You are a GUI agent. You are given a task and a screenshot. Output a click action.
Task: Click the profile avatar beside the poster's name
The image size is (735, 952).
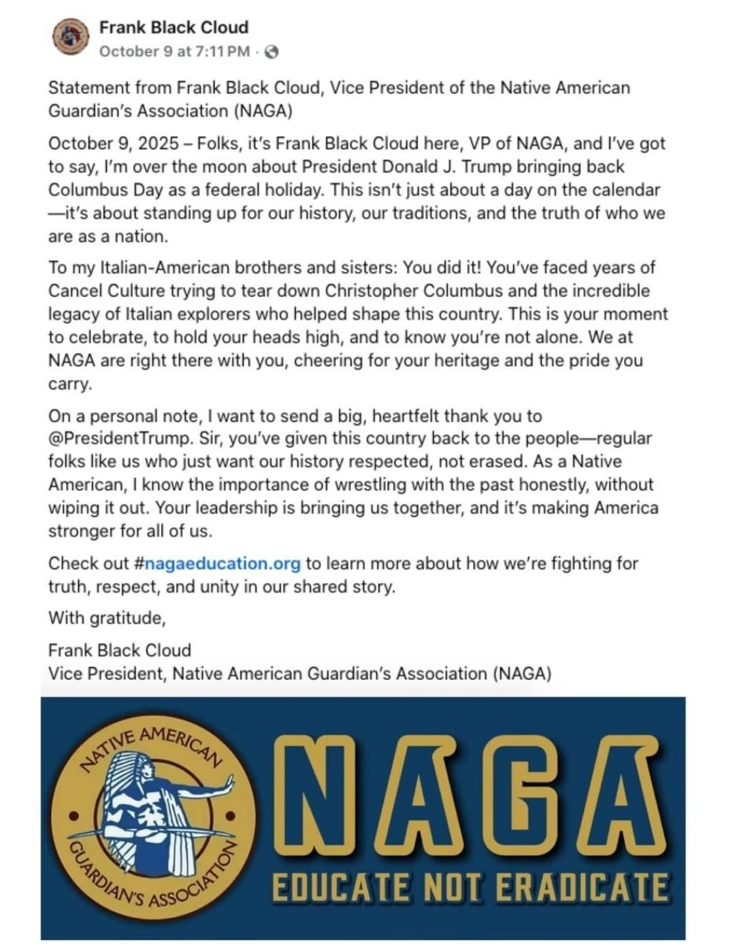71,37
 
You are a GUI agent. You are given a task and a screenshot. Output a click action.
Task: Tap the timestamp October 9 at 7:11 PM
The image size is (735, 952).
174,52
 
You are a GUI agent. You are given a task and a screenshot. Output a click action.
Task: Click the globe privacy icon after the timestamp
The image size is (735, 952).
271,52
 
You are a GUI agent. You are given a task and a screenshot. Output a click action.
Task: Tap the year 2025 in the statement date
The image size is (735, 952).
159,144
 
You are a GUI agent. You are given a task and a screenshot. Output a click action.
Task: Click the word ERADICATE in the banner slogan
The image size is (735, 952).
580,888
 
